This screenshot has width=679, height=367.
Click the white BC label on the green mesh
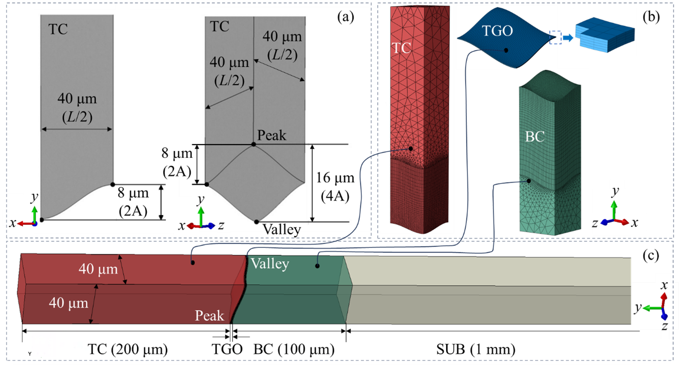pyautogui.click(x=535, y=136)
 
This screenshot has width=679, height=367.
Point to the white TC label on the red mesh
pyautogui.click(x=401, y=48)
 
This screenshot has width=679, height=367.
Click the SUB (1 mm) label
pyautogui.click(x=476, y=350)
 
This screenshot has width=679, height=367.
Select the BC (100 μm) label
pyautogui.click(x=294, y=350)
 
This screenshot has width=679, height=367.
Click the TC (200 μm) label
pyautogui.click(x=128, y=350)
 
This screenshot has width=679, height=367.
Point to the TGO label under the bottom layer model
pyautogui.click(x=227, y=350)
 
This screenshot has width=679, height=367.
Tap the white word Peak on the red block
pyautogui.click(x=210, y=315)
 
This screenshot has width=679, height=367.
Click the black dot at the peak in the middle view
pyautogui.click(x=253, y=144)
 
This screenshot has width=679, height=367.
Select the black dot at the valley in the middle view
pyautogui.click(x=256, y=221)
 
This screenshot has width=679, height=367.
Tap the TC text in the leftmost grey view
pyautogui.click(x=58, y=30)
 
